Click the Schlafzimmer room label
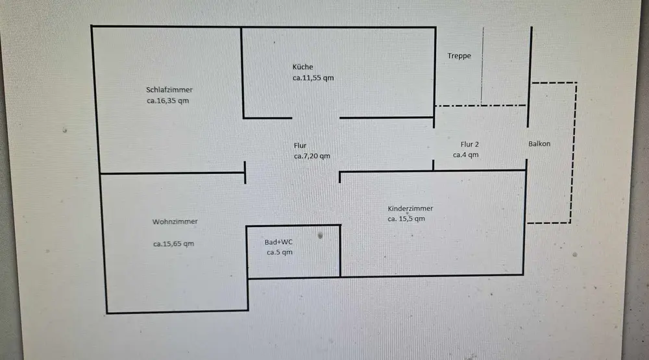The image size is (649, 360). pos(169,90)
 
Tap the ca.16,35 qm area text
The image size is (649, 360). pos(167,101)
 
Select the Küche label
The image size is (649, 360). pos(303,67)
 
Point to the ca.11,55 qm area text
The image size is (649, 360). pos(313,78)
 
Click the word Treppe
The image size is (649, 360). pos(459,56)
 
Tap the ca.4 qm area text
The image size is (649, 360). pos(465,155)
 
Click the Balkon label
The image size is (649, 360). pos(539,144)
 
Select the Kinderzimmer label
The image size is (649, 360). pos(410,208)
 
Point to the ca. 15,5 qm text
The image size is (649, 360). pos(406,219)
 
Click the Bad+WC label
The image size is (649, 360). pos(278,242)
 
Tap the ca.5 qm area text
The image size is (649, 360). pos(280,252)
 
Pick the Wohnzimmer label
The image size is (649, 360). pos(175,221)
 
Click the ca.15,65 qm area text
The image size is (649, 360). pos(173,245)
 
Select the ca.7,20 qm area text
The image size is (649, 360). pos(312,156)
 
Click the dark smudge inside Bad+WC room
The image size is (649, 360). pos(320,237)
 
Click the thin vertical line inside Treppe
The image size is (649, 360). pos(482,65)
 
